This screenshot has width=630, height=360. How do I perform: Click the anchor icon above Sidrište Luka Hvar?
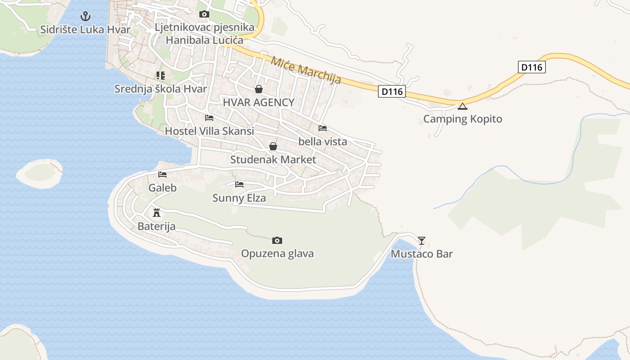(x=85, y=17)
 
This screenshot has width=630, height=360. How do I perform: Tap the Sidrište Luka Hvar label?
(x=85, y=30)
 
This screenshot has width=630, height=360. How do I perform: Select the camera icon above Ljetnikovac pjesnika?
(x=204, y=14)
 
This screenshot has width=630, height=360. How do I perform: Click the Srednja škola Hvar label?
(x=161, y=89)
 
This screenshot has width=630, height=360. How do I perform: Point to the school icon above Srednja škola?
(x=161, y=75)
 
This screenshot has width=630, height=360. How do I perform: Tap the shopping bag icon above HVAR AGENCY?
(x=259, y=89)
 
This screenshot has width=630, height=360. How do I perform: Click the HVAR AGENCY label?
(x=259, y=102)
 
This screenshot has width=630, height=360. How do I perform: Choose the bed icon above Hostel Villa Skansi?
(x=209, y=118)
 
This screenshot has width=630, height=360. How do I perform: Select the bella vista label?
(x=323, y=142)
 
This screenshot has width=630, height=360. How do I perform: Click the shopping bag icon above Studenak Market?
(x=273, y=146)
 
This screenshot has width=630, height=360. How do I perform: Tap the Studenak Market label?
(x=273, y=160)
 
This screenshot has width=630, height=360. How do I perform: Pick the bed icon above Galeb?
(x=162, y=175)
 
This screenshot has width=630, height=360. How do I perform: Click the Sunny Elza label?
(x=239, y=198)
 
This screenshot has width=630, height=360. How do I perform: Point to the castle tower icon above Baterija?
(x=157, y=212)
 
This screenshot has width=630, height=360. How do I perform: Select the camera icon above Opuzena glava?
(x=277, y=240)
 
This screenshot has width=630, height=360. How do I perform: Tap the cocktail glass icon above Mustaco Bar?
(x=422, y=240)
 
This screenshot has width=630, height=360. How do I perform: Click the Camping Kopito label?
(x=463, y=119)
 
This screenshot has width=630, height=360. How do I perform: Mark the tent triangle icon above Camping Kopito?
(x=463, y=107)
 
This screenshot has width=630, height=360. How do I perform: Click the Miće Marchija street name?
(x=306, y=70)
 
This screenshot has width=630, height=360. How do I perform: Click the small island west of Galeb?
(x=40, y=173)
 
